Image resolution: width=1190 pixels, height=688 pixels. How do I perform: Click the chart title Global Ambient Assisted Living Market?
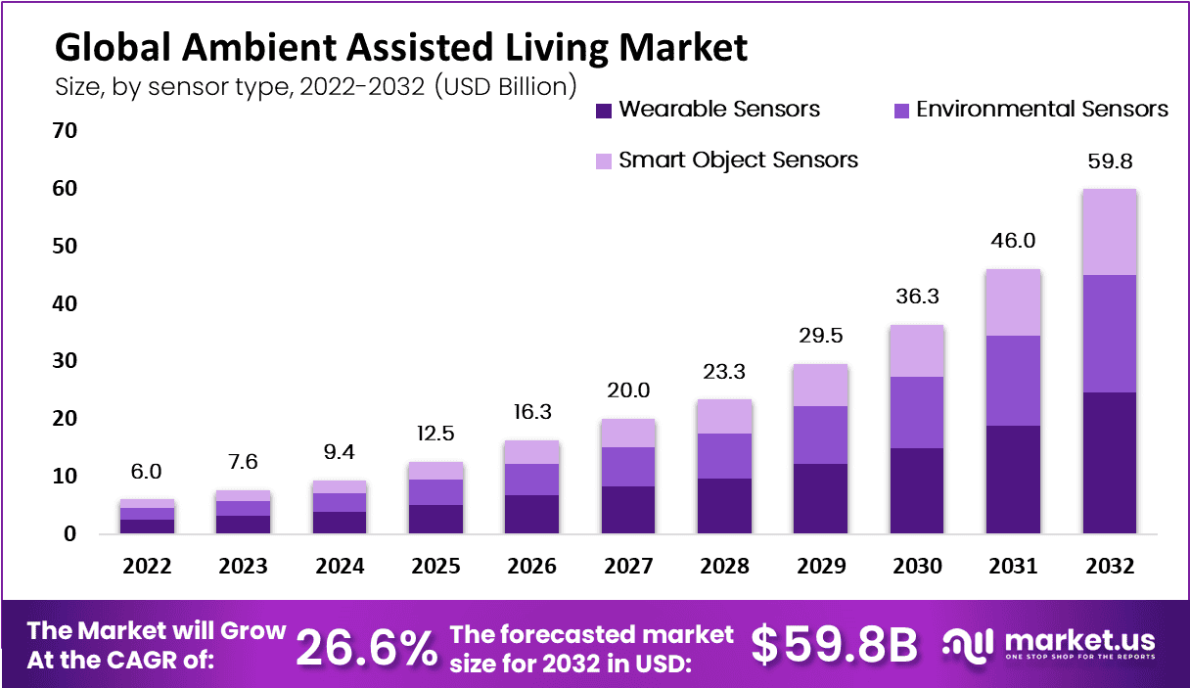[400, 46]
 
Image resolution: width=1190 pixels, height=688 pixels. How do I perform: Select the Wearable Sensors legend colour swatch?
[603, 110]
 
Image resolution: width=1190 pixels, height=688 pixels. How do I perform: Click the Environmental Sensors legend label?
[1042, 109]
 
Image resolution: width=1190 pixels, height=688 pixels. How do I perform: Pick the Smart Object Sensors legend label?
[738, 160]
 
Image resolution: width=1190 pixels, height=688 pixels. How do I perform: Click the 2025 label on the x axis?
[436, 567]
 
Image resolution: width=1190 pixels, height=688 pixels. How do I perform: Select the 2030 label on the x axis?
[917, 567]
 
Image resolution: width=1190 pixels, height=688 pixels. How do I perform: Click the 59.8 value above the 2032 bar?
[1109, 161]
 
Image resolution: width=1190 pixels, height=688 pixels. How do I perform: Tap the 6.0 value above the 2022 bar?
[148, 472]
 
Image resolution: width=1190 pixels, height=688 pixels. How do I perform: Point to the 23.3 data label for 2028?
[725, 372]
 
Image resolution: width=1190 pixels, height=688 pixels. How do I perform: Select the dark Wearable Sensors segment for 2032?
[1109, 462]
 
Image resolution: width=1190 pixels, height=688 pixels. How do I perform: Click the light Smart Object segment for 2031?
[1013, 302]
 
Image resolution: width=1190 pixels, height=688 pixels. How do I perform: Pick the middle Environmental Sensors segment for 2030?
[917, 412]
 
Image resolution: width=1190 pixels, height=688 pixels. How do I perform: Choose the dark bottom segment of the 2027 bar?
[628, 509]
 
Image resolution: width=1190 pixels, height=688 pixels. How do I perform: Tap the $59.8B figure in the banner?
[835, 644]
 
